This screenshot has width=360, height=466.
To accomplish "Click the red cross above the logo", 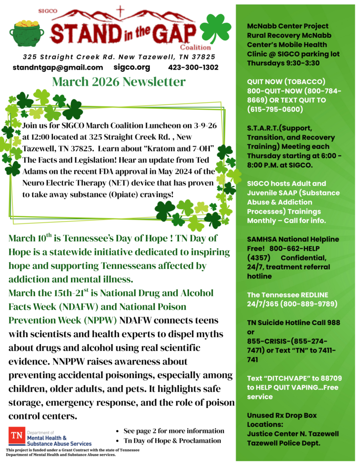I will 120,10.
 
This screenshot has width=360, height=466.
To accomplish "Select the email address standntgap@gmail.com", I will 58,67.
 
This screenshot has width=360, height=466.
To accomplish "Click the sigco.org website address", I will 132,67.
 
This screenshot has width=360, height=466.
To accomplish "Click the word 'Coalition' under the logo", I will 195,47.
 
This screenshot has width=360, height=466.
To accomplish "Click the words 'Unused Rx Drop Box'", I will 282,415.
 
